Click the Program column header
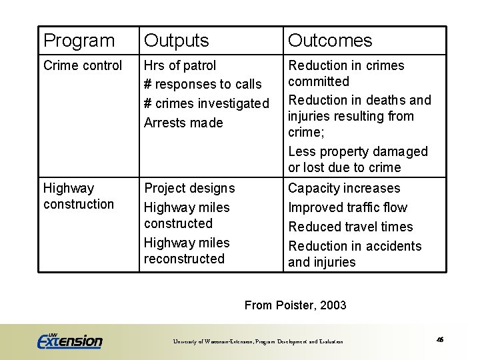point(79,41)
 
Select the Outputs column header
point(176,41)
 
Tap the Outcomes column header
point(329,41)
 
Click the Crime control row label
point(83,65)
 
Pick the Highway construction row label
point(78,196)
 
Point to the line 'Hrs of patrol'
point(180,65)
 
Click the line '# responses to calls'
point(203,85)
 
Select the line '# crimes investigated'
point(206,104)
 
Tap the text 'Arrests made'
point(183,123)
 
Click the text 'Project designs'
point(189,188)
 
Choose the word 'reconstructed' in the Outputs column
point(184,259)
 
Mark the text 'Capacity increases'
point(344,188)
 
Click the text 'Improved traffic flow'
point(347,207)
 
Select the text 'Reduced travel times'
point(350,227)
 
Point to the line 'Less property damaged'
point(357,151)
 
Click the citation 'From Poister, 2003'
point(295,305)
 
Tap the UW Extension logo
point(69,340)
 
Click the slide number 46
point(440,339)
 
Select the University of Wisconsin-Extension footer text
point(258,341)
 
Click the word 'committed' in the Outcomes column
point(318,81)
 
